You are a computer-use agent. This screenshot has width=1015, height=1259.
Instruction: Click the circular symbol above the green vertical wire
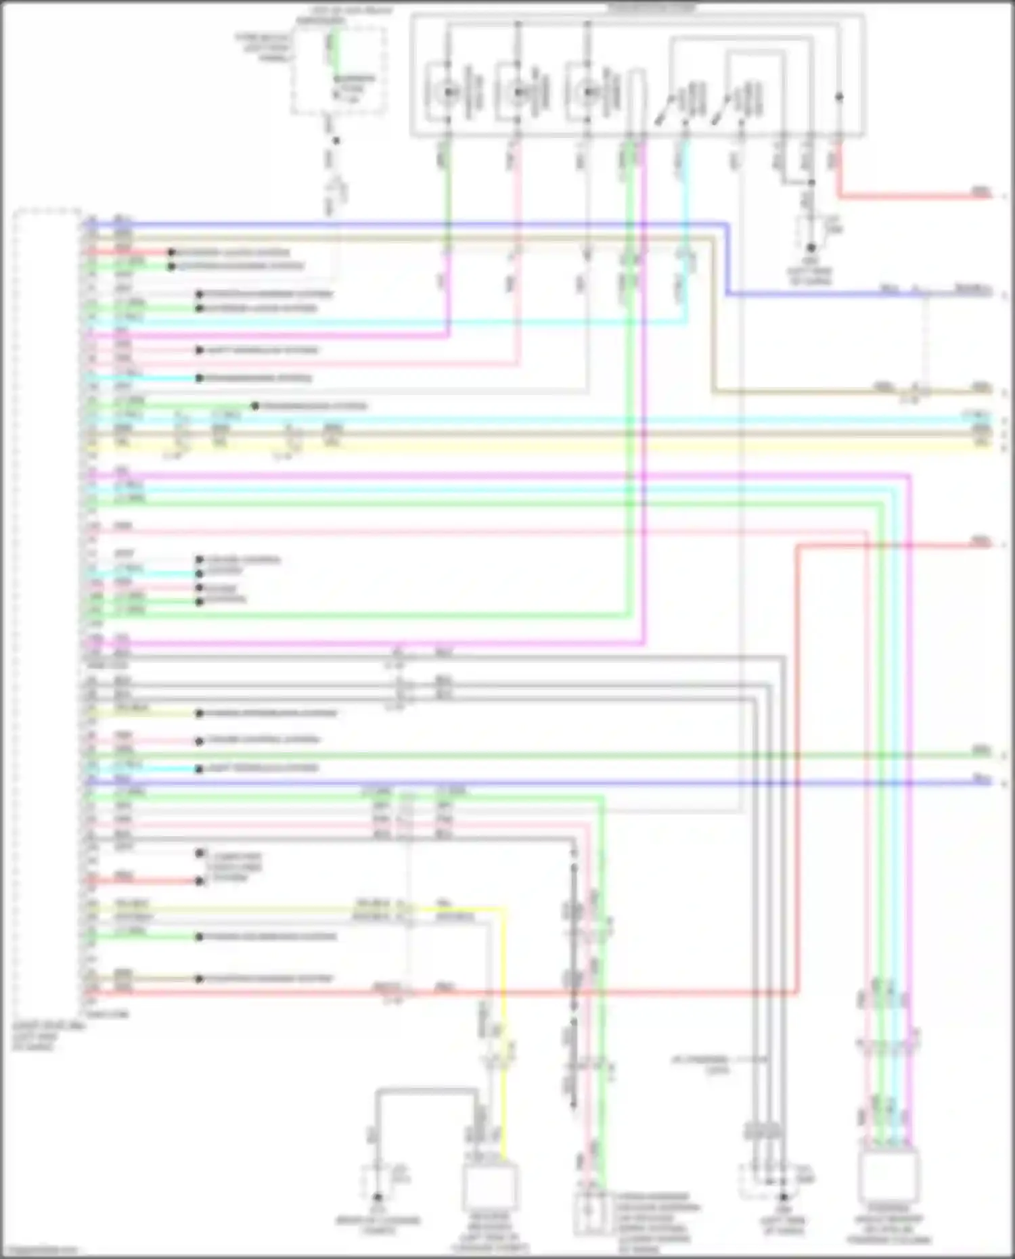click(447, 93)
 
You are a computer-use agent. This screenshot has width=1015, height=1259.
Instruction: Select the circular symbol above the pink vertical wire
click(518, 93)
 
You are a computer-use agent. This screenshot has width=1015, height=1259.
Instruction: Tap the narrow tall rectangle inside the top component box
click(636, 101)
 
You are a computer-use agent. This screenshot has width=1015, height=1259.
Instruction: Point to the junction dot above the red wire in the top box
click(839, 97)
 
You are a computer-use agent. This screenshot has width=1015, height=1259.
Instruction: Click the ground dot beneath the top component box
click(811, 248)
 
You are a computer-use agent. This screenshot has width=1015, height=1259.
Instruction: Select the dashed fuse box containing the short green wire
click(339, 71)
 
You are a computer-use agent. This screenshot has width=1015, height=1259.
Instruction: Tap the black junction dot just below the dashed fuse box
click(336, 141)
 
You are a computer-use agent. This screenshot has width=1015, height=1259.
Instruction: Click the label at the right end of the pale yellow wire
click(980, 443)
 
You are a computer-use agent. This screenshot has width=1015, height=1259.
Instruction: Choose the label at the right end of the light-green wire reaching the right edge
click(980, 751)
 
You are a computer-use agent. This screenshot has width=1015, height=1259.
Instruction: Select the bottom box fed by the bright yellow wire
click(490, 1188)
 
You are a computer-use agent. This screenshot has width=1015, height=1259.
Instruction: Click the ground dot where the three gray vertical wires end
click(784, 1197)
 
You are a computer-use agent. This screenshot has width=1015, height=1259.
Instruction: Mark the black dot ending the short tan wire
click(200, 979)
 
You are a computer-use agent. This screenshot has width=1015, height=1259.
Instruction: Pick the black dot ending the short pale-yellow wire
click(200, 713)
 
